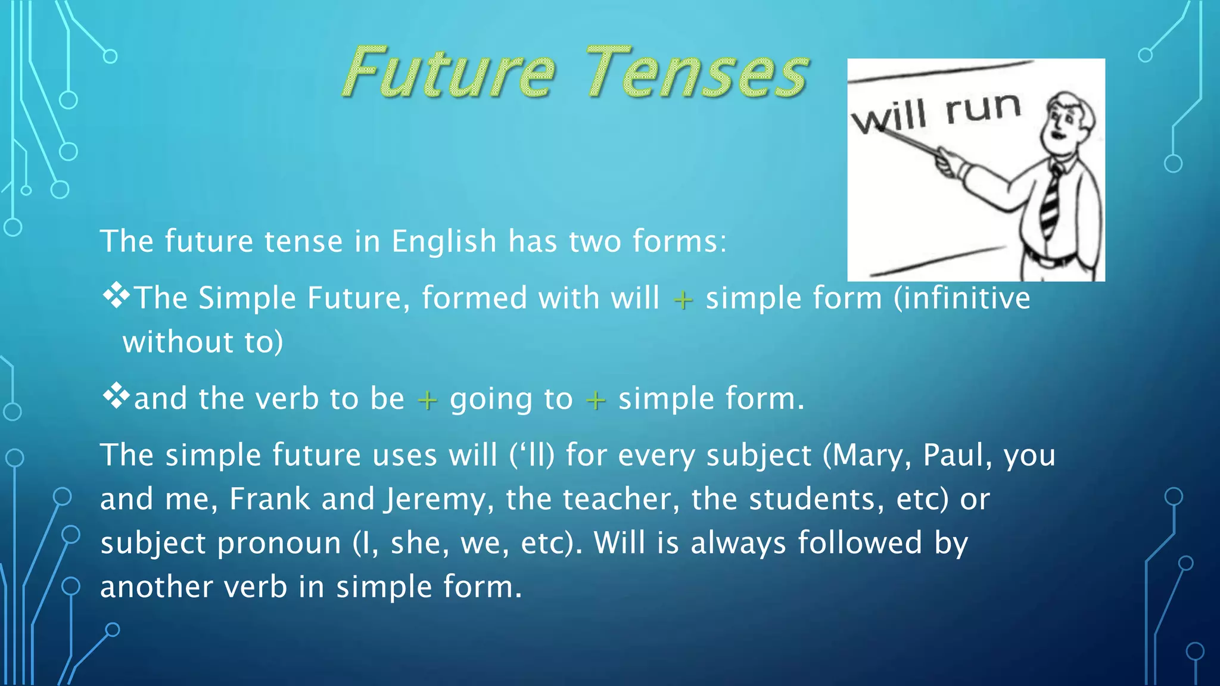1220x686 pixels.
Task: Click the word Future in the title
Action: pos(450,73)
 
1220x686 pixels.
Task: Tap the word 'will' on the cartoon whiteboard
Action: pos(889,116)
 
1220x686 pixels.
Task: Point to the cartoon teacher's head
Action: pos(1069,122)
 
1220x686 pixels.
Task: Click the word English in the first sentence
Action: pos(444,242)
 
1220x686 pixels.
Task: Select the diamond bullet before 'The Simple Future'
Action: pos(116,295)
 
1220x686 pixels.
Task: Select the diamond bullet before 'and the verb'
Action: pos(116,397)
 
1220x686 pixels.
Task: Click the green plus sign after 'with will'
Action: pos(683,300)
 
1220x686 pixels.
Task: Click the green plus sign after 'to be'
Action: pos(427,400)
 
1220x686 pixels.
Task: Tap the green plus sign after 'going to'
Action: pos(596,400)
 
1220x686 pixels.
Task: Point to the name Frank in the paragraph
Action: pos(270,499)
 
